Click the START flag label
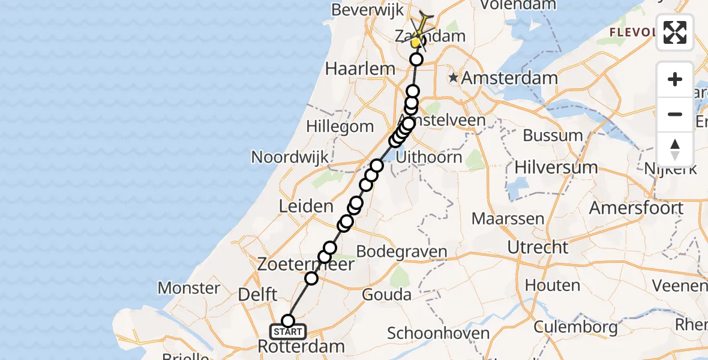coord(288,332)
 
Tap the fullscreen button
coord(675,32)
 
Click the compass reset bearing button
coord(675,149)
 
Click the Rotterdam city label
coord(301,346)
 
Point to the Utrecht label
coord(538,247)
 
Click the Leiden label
coord(306,207)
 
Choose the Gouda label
coord(387,295)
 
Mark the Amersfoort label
coord(636,208)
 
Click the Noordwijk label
coord(290,157)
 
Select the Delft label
coord(257,295)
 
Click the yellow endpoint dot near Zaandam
coord(415,43)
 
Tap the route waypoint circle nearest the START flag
coord(288,321)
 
